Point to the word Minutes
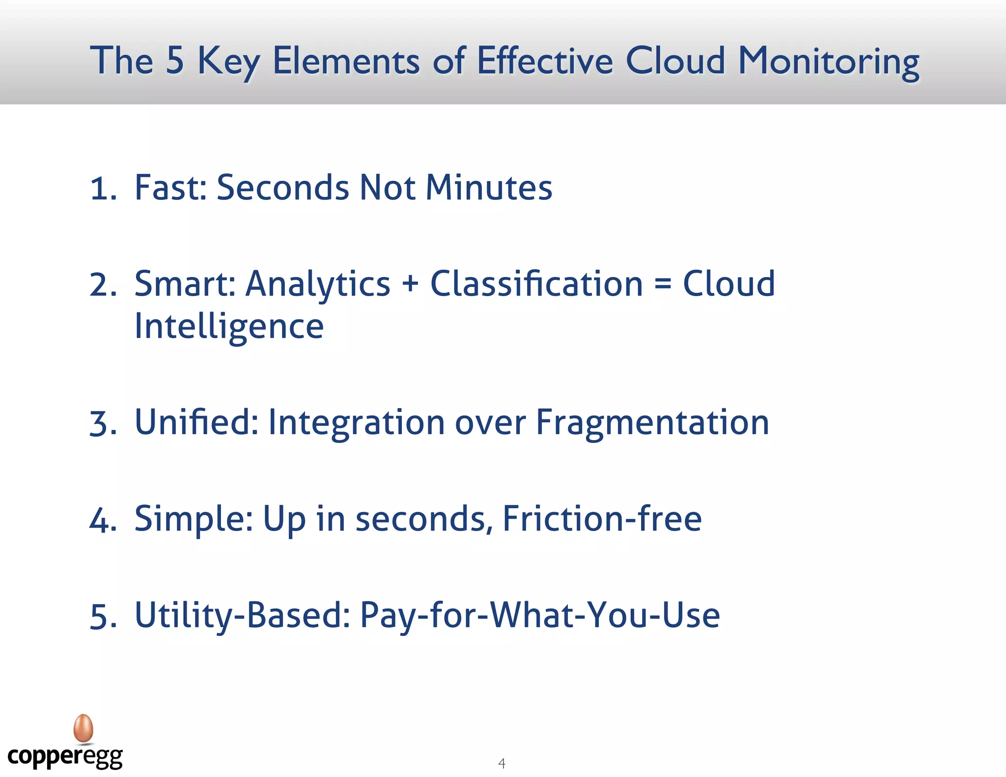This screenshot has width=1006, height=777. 489,188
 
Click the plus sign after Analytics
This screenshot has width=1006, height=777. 410,284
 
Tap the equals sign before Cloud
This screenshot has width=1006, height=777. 663,284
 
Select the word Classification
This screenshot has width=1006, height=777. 536,284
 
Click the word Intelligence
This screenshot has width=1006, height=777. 229,327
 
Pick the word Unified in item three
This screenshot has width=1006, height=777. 196,422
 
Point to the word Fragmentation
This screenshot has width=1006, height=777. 652,423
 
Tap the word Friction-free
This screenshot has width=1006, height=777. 602,519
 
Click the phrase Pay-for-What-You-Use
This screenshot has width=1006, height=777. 540,615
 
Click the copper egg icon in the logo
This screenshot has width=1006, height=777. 83,728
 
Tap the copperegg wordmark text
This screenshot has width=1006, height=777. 65,757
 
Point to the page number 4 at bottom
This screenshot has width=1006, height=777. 502,763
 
